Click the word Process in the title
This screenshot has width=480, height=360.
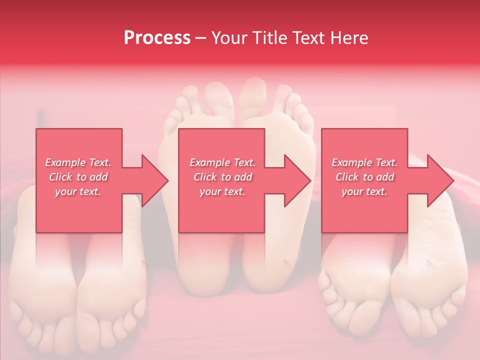click(157, 38)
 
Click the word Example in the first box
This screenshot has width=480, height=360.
click(65, 162)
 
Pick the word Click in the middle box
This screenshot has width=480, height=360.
click(204, 177)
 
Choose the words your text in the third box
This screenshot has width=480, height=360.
click(364, 191)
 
